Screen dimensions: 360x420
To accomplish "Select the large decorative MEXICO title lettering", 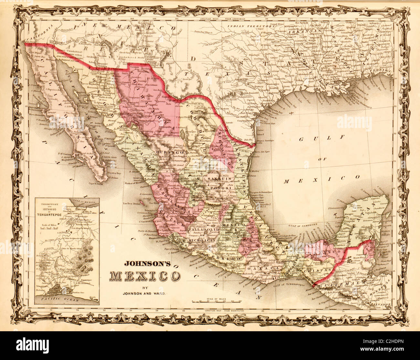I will coord(145,276).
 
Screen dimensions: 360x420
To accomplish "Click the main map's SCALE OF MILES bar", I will coord(218,301).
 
